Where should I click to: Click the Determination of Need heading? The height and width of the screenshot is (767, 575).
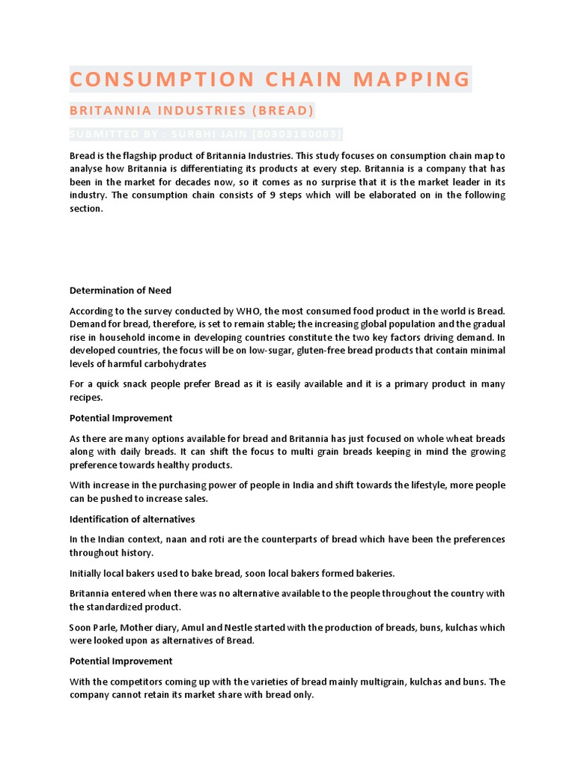coord(121,291)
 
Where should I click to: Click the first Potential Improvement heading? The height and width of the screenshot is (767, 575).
coord(121,418)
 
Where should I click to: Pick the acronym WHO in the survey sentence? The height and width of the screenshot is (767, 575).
coord(248,311)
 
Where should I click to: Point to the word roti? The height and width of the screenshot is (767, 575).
coord(203,539)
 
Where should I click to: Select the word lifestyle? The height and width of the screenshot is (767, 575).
coord(405,485)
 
